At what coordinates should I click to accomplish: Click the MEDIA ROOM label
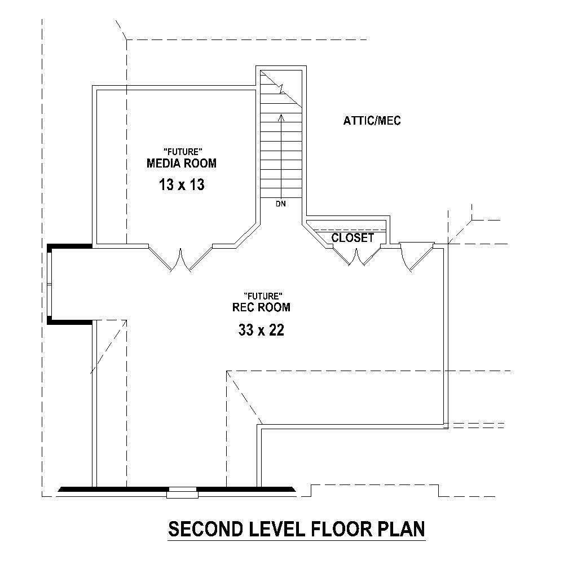tap(182, 164)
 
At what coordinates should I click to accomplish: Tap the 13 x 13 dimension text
tap(182, 184)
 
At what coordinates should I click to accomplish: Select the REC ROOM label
tap(261, 307)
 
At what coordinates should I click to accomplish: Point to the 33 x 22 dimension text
tap(261, 331)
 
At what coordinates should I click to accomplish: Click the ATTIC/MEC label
tap(372, 121)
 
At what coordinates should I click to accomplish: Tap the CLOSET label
tap(352, 238)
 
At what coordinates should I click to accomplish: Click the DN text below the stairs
tap(281, 204)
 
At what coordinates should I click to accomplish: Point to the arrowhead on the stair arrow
tap(281, 117)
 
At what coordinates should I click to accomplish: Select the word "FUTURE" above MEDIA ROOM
tap(182, 151)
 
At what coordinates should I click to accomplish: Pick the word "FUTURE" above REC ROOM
tap(262, 296)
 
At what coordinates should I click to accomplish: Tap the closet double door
tap(355, 257)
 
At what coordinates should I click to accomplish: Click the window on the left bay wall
tap(50, 283)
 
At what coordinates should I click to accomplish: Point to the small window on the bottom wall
tap(183, 492)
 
